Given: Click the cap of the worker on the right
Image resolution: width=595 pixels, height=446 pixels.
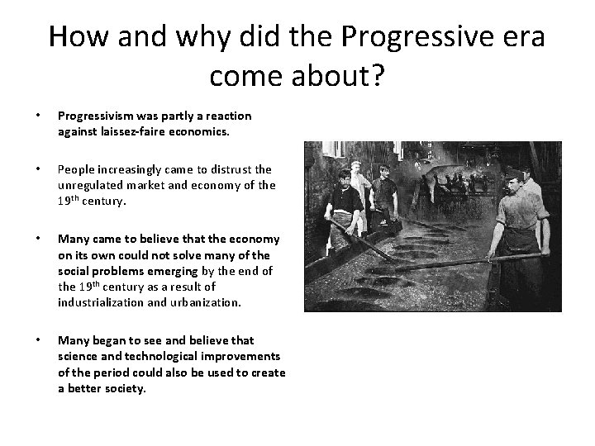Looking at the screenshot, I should [x=516, y=171].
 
